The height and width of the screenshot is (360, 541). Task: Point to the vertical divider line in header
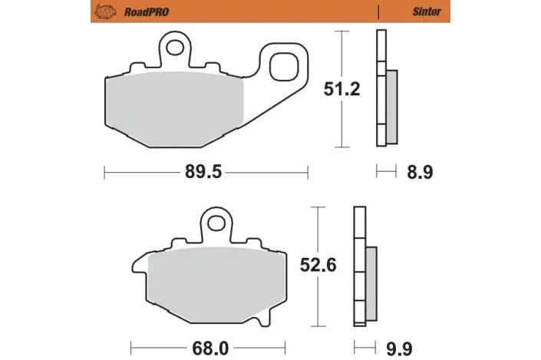click(379, 12)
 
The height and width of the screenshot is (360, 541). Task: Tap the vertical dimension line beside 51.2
click(341, 90)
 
